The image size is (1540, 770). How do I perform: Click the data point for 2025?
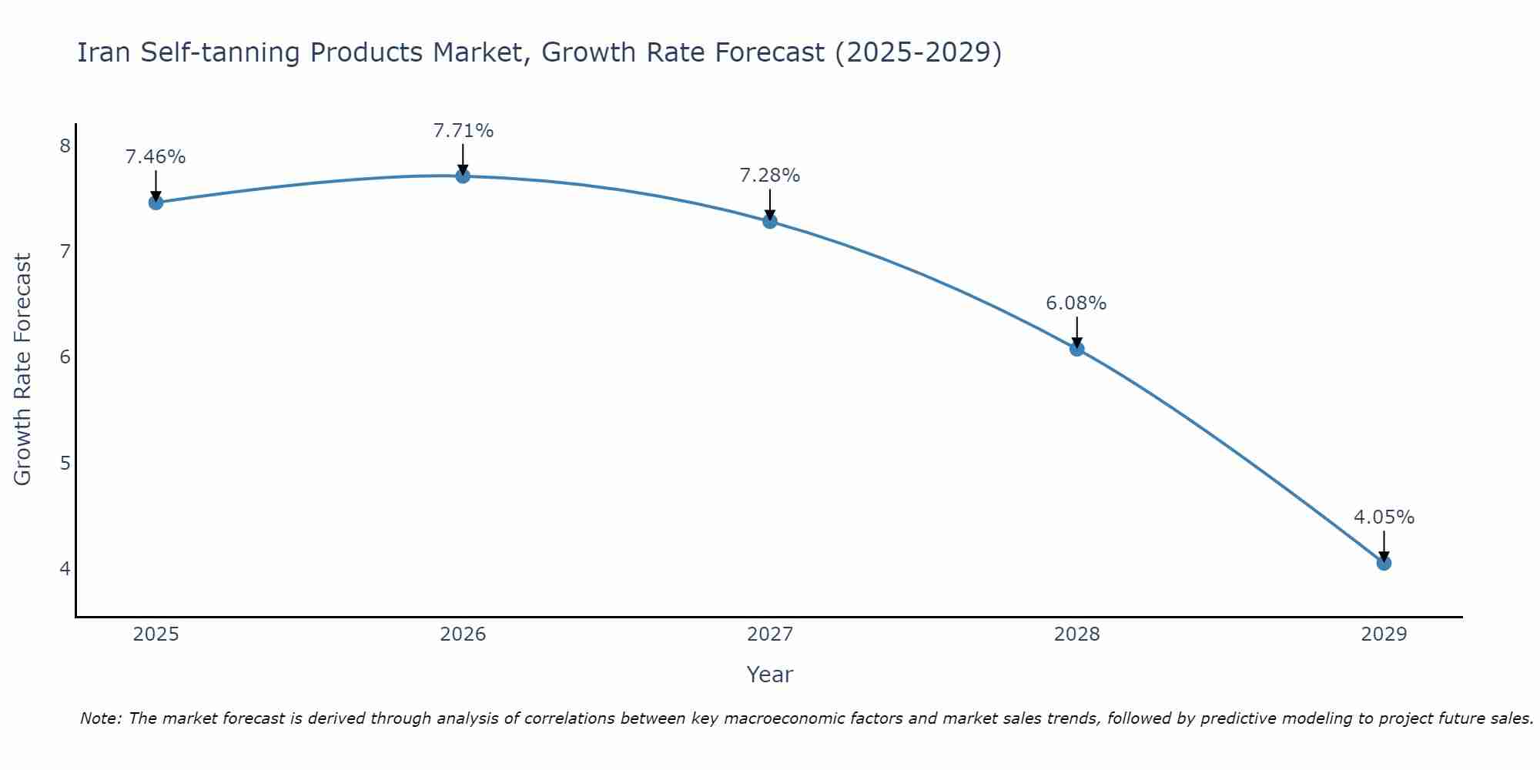tap(156, 203)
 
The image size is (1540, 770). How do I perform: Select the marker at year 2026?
tap(463, 176)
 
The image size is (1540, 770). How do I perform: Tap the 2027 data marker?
tap(770, 222)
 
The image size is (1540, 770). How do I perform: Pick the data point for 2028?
tap(1076, 349)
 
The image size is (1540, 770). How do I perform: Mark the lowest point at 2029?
tap(1384, 563)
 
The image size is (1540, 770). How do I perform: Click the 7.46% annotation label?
tap(156, 157)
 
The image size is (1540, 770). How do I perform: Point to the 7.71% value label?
tap(463, 131)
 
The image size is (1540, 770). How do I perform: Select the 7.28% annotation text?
tap(770, 176)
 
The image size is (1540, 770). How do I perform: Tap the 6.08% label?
tap(1076, 303)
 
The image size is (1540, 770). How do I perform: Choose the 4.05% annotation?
tap(1384, 517)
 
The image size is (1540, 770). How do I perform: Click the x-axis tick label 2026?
tap(463, 634)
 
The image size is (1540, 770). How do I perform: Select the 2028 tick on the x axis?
tap(1076, 634)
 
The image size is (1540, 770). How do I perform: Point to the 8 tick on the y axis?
tap(65, 146)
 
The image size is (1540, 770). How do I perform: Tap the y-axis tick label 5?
tap(65, 463)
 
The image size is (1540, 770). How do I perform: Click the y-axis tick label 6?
tap(65, 357)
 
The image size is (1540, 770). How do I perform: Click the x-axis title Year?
tap(770, 675)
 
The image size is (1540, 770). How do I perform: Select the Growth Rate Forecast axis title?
tap(23, 370)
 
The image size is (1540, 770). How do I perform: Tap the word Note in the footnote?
tap(100, 718)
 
